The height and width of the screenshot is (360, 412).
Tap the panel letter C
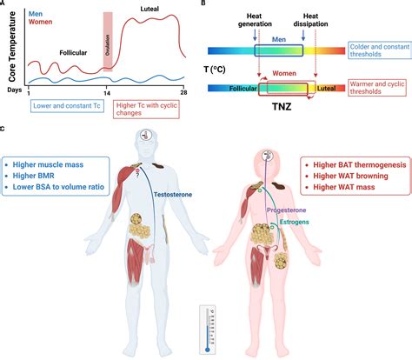[x=6, y=129]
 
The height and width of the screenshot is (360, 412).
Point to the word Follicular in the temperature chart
[x=80, y=52]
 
